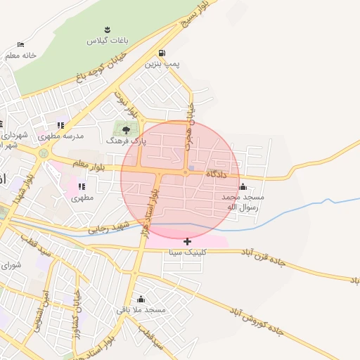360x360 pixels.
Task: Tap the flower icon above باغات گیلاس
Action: (107, 30)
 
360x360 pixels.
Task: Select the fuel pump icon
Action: (162, 53)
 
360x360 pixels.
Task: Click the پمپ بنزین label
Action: (162, 63)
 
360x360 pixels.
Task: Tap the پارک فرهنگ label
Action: (127, 141)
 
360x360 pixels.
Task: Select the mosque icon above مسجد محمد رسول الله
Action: (243, 186)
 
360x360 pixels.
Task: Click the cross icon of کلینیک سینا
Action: (187, 241)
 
